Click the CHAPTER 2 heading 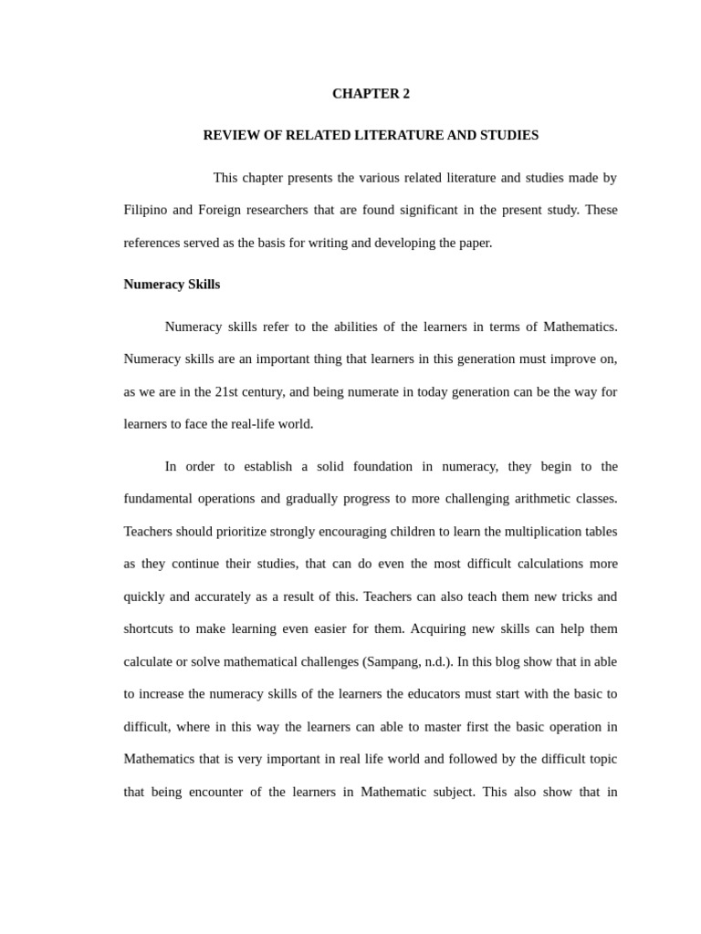[371, 94]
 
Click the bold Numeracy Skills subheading [172, 285]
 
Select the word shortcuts [151, 629]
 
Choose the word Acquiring [450, 629]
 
